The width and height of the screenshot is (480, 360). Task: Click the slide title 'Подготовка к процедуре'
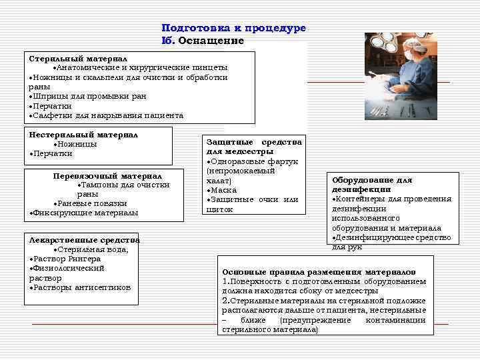point(233,28)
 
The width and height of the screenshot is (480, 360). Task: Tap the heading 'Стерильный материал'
point(78,59)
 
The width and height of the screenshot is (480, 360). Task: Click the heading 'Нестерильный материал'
point(83,135)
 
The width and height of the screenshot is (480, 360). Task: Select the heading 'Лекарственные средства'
point(84,240)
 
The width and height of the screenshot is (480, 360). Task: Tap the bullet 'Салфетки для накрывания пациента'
point(107,115)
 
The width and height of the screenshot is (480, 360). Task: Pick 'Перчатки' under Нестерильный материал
point(52,153)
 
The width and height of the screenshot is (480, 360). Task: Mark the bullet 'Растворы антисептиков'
point(81,287)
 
